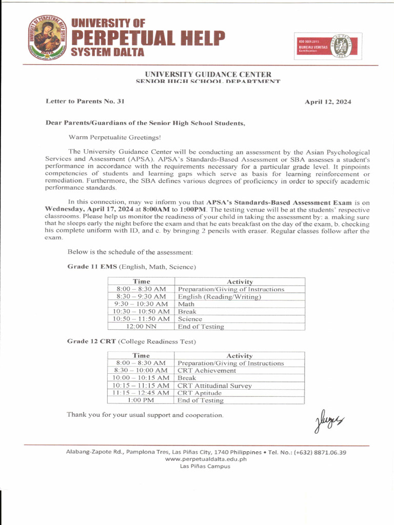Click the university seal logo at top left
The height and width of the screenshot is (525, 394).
pos(47,38)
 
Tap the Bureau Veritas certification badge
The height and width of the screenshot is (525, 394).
pos(327,47)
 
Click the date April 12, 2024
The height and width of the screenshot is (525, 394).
pos(328,102)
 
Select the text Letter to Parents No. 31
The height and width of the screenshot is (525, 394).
pos(85,102)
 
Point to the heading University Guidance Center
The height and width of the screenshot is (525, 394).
pos(208,74)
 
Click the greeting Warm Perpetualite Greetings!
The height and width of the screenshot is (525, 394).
pos(115,137)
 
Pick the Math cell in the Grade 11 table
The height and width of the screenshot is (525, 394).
pos(186,304)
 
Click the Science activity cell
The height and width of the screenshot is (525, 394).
pos(190,319)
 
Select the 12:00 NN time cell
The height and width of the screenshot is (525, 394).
pos(141,326)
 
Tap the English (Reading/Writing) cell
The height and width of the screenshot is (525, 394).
pos(219,296)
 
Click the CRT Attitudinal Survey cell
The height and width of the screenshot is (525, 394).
pos(214,386)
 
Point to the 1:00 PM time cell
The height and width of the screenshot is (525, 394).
pos(141,400)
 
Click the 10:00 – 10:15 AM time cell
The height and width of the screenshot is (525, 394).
pos(141,378)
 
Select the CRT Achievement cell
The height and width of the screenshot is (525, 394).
pos(207,370)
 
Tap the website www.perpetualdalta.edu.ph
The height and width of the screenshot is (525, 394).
pos(205,459)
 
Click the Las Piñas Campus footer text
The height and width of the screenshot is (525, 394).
pos(205,466)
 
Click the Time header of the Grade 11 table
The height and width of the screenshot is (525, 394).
pos(141,281)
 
